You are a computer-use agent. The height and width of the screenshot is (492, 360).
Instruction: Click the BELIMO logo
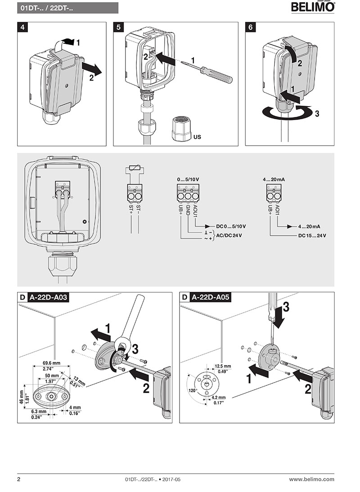click(313, 7)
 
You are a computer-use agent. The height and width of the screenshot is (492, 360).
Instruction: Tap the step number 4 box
click(23, 27)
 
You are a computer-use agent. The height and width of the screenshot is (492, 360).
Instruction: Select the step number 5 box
click(118, 27)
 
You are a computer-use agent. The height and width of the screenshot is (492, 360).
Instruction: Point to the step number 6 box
click(251, 27)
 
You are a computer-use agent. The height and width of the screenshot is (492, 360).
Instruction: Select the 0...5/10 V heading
click(188, 179)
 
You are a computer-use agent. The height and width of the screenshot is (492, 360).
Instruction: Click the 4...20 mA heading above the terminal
click(274, 179)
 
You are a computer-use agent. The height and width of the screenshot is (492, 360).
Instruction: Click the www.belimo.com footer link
click(311, 479)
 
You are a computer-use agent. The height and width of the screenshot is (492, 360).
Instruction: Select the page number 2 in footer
click(19, 479)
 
